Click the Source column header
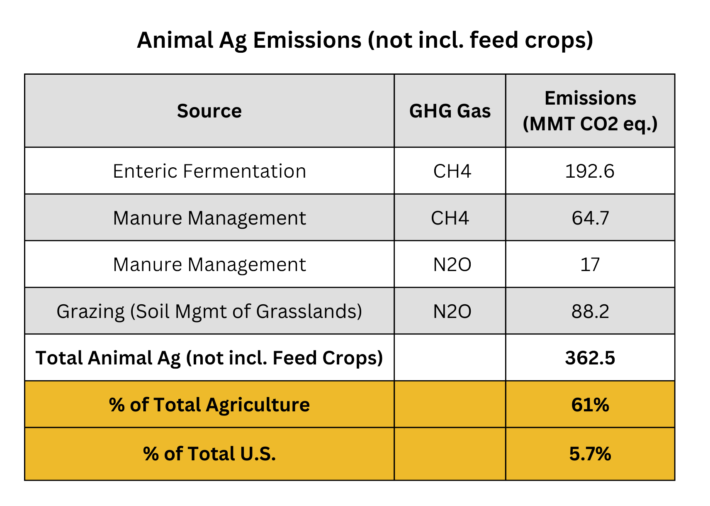[209, 111]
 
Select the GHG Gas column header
[450, 111]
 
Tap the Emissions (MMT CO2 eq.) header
[590, 111]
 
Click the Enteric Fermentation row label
[209, 171]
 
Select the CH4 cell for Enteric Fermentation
[452, 171]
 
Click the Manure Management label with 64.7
[209, 218]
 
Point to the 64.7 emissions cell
[590, 218]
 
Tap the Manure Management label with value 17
[209, 264]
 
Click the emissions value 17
[590, 264]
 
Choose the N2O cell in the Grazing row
[452, 311]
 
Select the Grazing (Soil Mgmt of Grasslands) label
[209, 311]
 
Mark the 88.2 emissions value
[590, 311]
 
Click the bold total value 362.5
[590, 358]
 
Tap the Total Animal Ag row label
[209, 358]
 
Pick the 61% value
[590, 405]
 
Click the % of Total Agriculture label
[209, 405]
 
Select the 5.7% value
[590, 454]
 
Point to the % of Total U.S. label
[209, 454]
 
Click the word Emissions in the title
[307, 40]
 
